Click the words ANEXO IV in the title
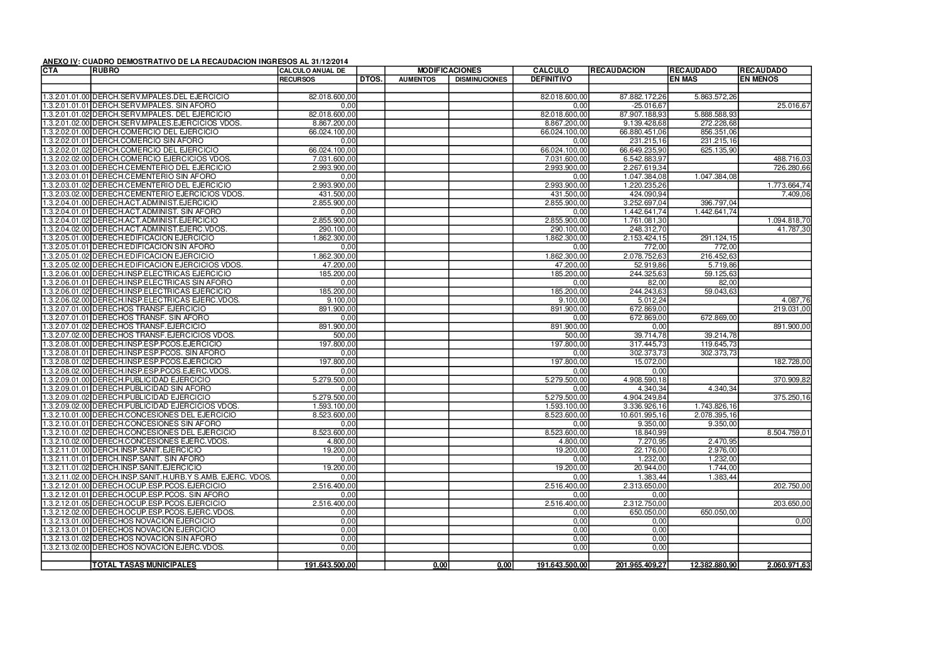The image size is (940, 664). tap(60, 62)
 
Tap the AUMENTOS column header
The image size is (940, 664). tap(417, 80)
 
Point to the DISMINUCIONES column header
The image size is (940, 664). tap(481, 80)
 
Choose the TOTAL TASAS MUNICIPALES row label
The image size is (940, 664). tap(144, 565)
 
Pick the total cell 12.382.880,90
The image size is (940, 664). tap(713, 565)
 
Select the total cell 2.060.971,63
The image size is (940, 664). tap(789, 565)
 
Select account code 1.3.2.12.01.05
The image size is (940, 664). tap(66, 503)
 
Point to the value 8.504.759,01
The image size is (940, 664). tap(789, 432)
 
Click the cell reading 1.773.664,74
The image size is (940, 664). tap(789, 185)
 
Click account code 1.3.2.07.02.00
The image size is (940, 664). tap(66, 335)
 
